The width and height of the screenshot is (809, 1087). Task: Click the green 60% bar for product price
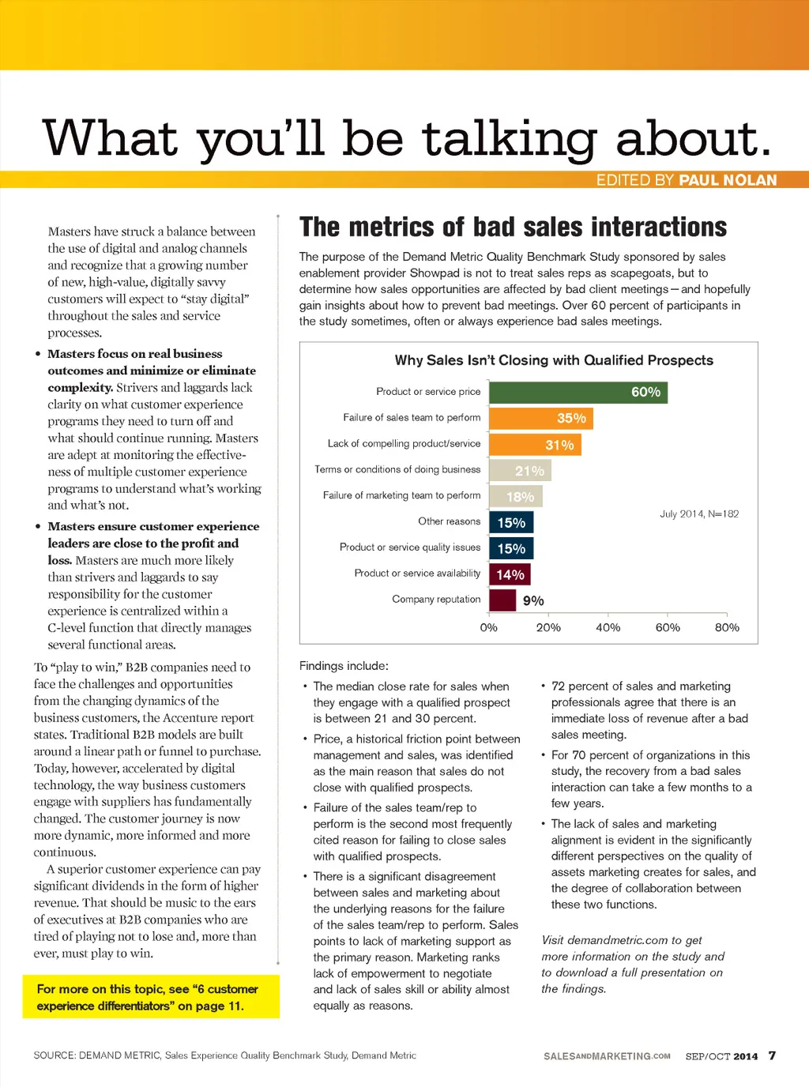point(578,392)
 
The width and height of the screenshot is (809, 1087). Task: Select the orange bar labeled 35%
point(541,418)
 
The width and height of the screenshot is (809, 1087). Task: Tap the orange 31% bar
point(535,445)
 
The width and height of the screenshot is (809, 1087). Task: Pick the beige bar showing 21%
point(520,471)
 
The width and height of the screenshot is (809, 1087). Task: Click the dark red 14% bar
point(510,574)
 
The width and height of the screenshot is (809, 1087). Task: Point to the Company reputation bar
point(502,600)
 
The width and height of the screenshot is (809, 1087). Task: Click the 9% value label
point(533,601)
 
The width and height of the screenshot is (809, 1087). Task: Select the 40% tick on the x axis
point(608,627)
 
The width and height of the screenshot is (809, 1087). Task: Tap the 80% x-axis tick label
point(727,627)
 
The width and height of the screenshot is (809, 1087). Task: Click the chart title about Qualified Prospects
point(554,360)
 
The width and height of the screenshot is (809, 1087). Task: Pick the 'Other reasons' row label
point(449,521)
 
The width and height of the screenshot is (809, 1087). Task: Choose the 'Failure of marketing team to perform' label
point(401,495)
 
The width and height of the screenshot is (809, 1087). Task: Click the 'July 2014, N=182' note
point(699,514)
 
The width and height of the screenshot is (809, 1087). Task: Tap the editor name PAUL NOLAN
point(728,180)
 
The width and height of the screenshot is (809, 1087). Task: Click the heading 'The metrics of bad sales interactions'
point(513,228)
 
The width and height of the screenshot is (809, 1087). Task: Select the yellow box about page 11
point(150,997)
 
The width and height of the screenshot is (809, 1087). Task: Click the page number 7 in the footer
point(772,1055)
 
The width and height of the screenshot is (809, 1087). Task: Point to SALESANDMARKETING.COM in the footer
point(607,1056)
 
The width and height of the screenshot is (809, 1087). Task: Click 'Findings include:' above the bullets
point(344,666)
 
